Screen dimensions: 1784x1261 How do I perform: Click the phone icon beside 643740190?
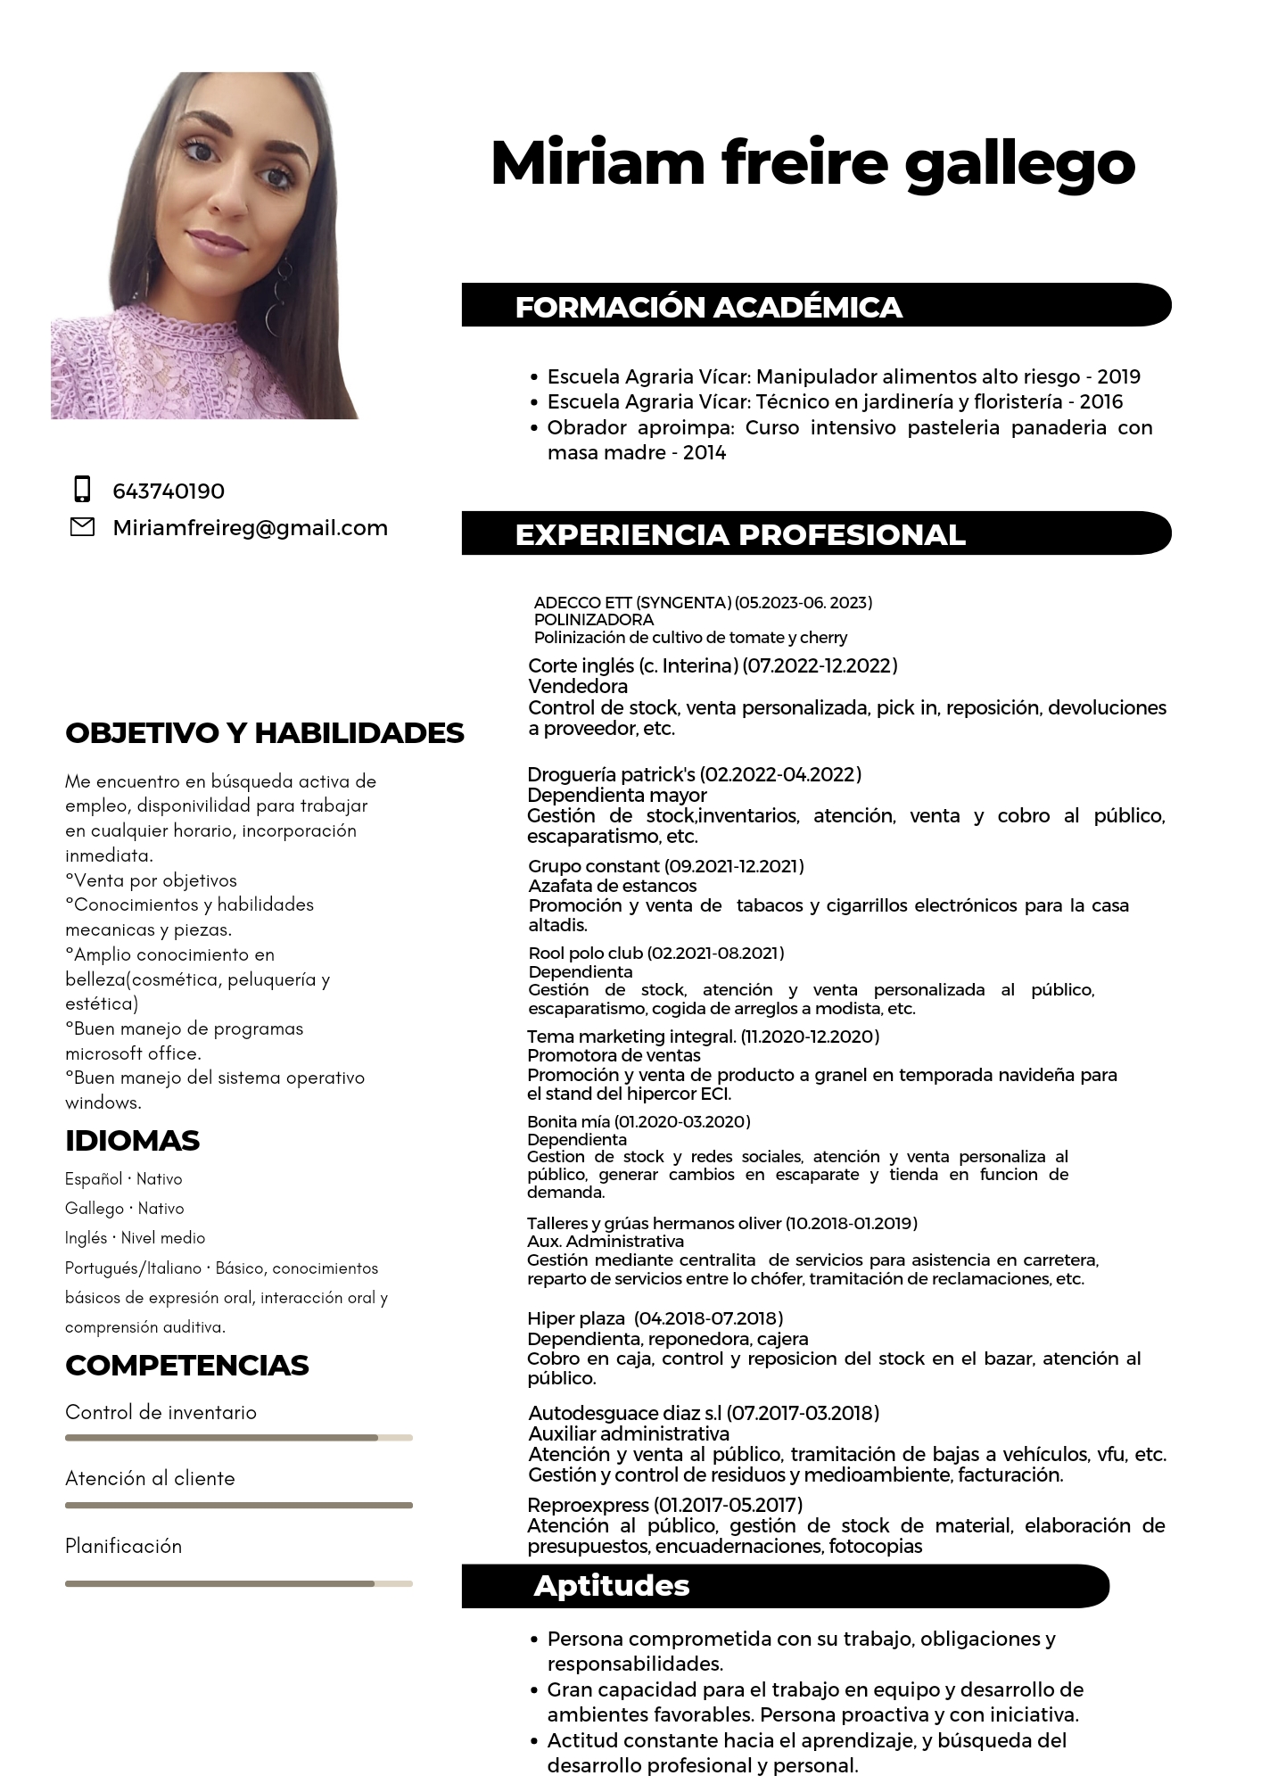82,490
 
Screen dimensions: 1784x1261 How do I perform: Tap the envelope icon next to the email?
82,527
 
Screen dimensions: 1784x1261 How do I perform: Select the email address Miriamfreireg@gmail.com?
250,527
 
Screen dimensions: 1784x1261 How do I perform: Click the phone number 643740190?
169,491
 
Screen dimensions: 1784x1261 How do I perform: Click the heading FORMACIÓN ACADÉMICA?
708,307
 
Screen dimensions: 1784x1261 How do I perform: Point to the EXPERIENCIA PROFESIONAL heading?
740,534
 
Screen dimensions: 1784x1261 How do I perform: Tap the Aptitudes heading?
612,1585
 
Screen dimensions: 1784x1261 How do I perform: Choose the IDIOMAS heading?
132,1140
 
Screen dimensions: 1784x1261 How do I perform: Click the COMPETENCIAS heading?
187,1365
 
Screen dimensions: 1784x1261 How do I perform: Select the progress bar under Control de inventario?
238,1438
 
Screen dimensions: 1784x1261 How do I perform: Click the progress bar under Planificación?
238,1583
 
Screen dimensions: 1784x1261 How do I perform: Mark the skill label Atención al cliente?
150,1478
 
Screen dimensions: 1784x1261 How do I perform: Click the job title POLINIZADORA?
593,619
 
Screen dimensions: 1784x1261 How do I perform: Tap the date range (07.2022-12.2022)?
820,665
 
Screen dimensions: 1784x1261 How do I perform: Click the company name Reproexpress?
588,1505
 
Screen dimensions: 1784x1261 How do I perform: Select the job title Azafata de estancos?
613,886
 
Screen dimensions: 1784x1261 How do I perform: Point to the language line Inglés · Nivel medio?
135,1238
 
